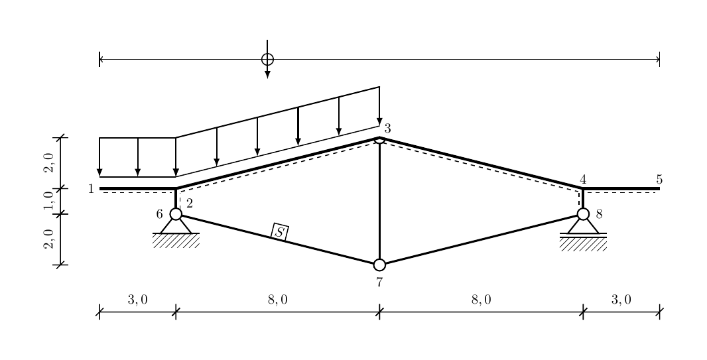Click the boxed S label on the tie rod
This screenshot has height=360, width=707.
[x=280, y=232]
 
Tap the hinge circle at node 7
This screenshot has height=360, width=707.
[x=379, y=265]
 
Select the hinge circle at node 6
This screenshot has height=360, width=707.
[x=176, y=214]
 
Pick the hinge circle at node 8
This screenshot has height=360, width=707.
[x=583, y=214]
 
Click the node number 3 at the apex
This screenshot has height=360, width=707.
[x=387, y=129]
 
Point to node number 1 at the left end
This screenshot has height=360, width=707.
[x=91, y=189]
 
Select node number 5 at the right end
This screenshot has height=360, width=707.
[x=659, y=179]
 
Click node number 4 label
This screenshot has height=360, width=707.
[x=583, y=179]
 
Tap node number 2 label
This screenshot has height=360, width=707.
[x=190, y=204]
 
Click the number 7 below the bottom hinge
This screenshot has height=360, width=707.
[x=379, y=282]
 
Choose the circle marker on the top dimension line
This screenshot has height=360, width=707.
[x=267, y=59]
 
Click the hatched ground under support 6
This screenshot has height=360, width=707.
[x=176, y=241]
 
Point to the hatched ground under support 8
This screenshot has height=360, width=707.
[x=583, y=244]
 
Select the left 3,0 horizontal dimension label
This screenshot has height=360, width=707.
[x=137, y=299]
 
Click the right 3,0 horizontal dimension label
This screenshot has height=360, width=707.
[x=621, y=299]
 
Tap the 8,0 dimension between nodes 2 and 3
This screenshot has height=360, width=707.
[x=278, y=299]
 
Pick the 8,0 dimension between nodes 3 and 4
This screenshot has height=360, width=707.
[x=481, y=299]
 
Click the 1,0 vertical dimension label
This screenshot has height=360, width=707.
[x=48, y=200]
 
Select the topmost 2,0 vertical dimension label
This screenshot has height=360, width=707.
[x=48, y=162]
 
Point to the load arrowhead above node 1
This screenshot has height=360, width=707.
[x=99, y=172]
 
